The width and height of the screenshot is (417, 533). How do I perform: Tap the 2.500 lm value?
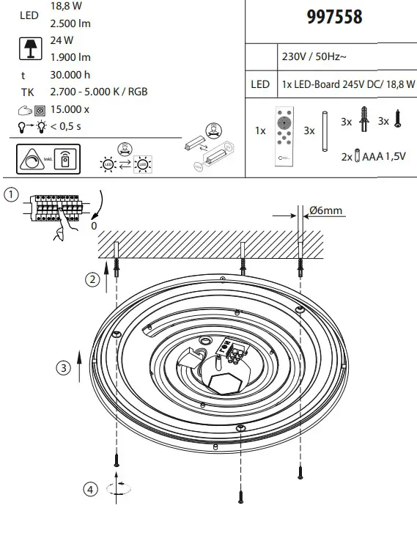pos(70,23)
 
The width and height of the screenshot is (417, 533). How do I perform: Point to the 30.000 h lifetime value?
pos(71,74)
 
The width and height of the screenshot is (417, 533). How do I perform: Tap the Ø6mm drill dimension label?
pos(326,210)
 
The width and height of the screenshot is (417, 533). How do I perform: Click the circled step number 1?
pos(10,194)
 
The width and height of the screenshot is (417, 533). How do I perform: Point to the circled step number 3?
pos(64,367)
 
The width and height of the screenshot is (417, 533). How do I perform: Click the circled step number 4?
pos(89,489)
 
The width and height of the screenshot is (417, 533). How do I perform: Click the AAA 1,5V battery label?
pos(380,155)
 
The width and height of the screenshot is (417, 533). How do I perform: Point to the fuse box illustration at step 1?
pos(56,208)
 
